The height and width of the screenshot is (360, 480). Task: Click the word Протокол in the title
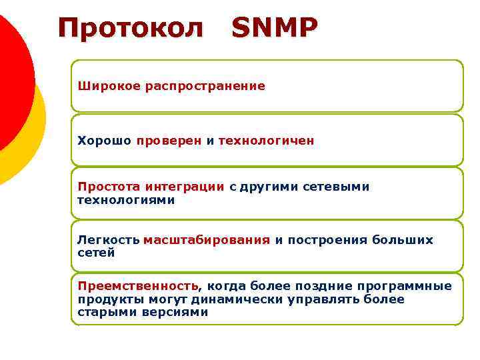point(130,28)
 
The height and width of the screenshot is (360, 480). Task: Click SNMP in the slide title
point(275,28)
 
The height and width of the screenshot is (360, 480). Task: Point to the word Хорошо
point(105,141)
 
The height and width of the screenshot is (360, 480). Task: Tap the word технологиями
point(126,199)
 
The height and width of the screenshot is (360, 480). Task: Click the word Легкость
point(108,240)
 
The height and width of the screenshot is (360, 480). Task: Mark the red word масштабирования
point(207,240)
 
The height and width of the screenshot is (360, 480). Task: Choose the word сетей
point(96,253)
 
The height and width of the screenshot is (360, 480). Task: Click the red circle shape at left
point(10,73)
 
